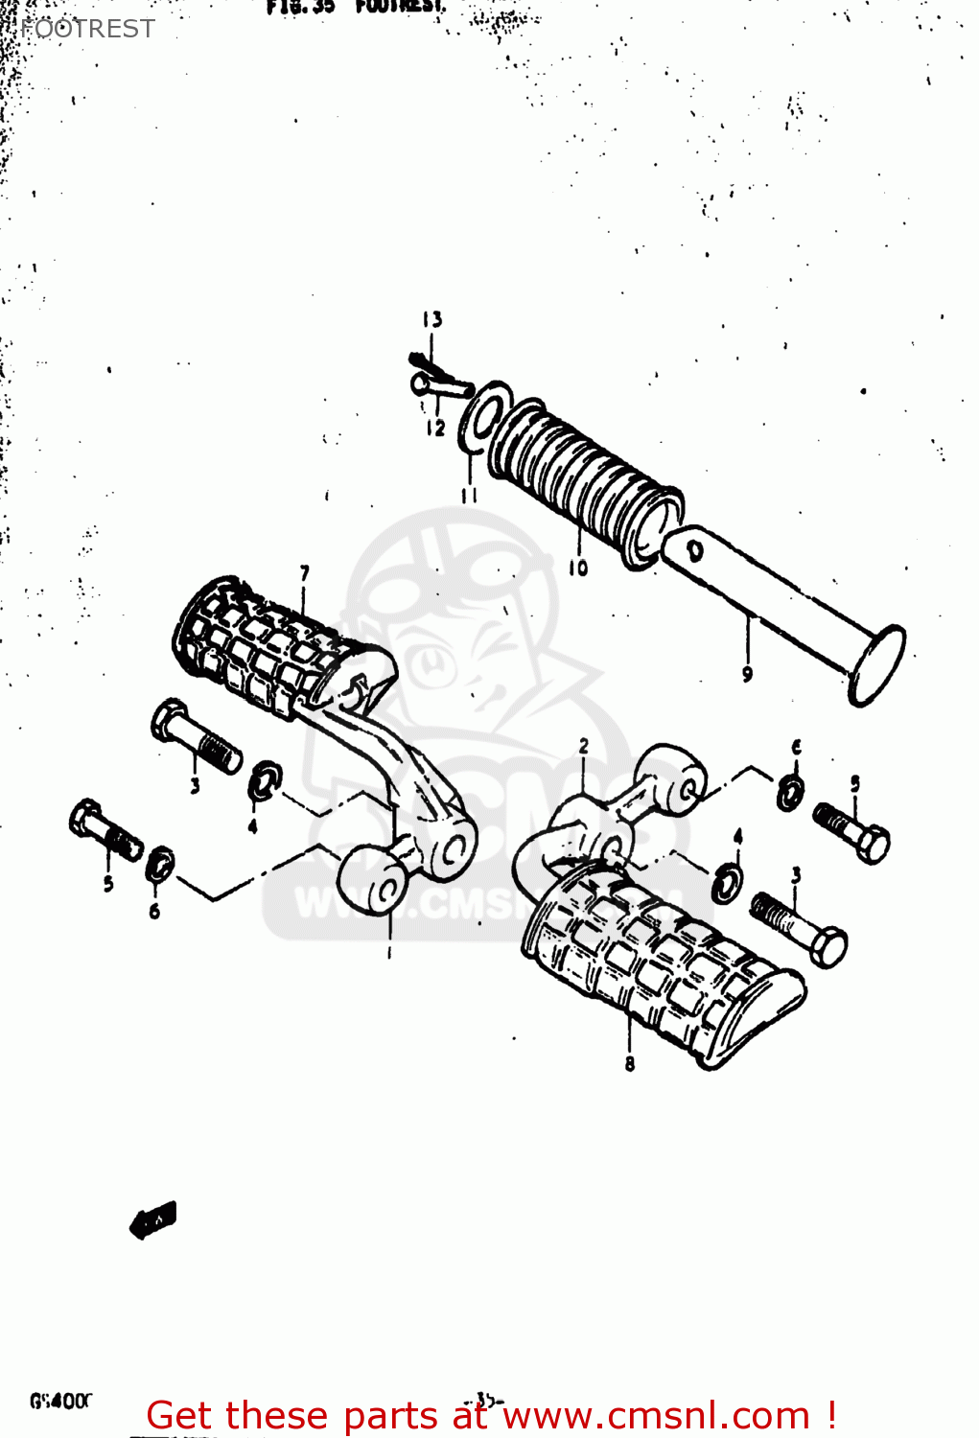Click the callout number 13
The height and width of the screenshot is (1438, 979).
432,319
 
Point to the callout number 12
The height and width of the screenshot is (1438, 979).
436,428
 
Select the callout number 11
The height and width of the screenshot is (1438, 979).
469,496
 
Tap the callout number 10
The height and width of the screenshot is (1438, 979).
578,568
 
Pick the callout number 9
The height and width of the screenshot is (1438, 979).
748,674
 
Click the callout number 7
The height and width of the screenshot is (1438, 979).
305,573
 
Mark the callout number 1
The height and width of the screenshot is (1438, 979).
389,953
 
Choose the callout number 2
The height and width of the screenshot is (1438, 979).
584,746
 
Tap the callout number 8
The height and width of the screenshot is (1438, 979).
630,1063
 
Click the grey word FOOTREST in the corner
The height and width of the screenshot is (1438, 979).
87,29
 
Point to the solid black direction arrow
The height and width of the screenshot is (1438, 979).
153,1219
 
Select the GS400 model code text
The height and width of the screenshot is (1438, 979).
60,1401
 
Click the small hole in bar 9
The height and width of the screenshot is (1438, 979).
695,550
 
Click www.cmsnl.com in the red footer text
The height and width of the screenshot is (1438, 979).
657,1415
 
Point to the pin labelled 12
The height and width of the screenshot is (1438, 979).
441,386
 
